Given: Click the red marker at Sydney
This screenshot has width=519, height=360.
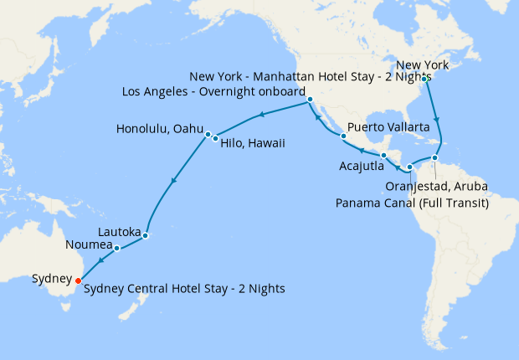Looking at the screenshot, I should click(x=79, y=280).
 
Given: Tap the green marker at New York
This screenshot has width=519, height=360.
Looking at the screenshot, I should click(x=424, y=79).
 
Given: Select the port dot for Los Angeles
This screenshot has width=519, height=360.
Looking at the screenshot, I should click(x=310, y=100).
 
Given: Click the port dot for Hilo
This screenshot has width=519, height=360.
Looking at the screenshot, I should click(x=215, y=138).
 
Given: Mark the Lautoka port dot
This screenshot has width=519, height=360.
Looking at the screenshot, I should click(x=145, y=235).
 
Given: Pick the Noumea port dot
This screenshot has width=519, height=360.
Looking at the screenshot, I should click(x=117, y=248).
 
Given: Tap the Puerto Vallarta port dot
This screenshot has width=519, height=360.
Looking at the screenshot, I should click(x=343, y=136).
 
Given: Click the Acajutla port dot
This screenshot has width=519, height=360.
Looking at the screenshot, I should click(x=383, y=156).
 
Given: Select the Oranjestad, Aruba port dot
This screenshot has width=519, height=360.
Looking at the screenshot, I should click(x=434, y=157).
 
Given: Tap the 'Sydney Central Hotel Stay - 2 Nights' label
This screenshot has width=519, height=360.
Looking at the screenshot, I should click(x=183, y=289).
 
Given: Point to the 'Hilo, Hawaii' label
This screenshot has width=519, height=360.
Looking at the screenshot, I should click(x=254, y=143).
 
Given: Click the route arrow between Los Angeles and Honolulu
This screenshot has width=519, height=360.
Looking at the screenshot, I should click(x=262, y=115).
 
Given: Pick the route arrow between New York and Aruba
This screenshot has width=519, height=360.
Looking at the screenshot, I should click(x=436, y=119).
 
